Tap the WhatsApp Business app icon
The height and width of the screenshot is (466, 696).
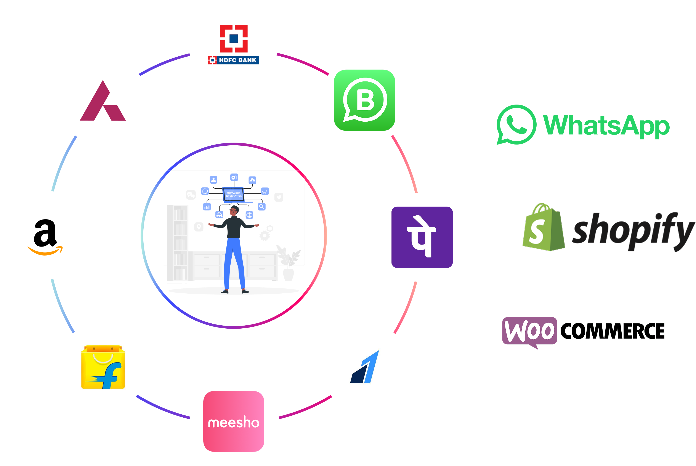pyautogui.click(x=365, y=100)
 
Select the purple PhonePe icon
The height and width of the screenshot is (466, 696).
pyautogui.click(x=422, y=237)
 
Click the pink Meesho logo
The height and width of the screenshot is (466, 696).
pyautogui.click(x=234, y=421)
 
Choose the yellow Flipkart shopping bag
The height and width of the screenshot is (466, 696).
pyautogui.click(x=103, y=367)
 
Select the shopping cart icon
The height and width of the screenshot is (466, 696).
pyautogui.click(x=265, y=191)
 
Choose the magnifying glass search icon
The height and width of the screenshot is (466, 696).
pyautogui.click(x=262, y=207)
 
